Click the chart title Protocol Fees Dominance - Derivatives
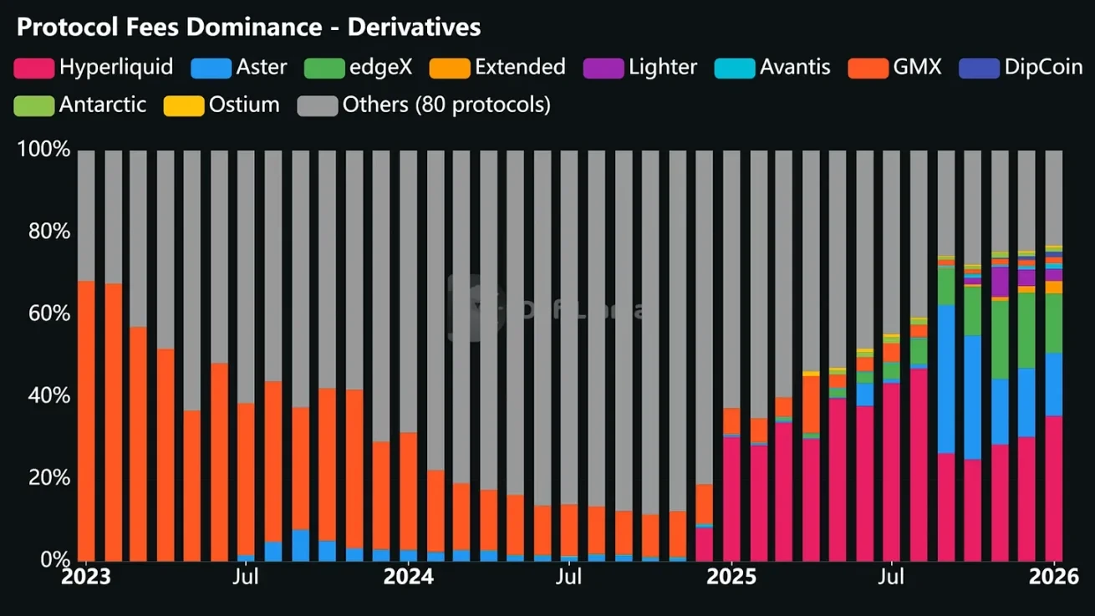click(248, 27)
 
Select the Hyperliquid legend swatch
click(33, 68)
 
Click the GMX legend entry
click(894, 67)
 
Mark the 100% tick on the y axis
click(43, 150)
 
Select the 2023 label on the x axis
click(86, 577)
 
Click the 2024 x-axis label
click(409, 577)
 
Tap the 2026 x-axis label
click(1054, 577)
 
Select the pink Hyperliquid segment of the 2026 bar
click(1054, 488)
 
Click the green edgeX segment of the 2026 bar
click(1054, 323)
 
